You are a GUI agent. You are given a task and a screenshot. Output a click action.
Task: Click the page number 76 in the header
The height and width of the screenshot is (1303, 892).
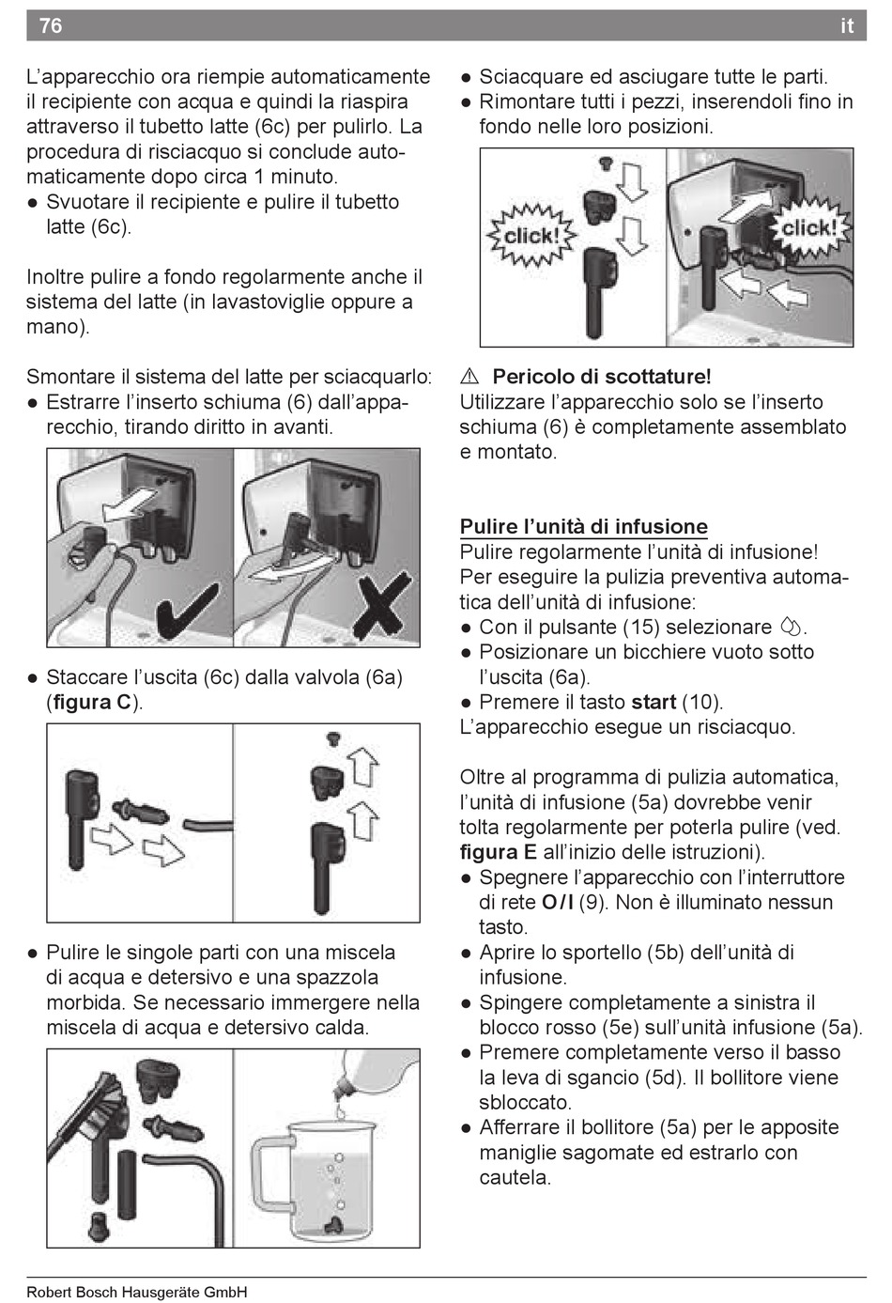click(x=51, y=25)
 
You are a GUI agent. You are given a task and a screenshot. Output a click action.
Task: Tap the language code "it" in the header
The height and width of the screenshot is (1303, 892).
click(x=847, y=25)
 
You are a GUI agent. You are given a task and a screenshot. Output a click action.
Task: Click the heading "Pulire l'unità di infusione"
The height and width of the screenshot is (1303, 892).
click(x=584, y=526)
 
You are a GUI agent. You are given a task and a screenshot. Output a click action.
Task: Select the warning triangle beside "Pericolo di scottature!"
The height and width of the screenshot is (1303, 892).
click(x=469, y=377)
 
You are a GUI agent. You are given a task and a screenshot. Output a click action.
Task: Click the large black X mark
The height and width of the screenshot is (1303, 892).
click(x=378, y=604)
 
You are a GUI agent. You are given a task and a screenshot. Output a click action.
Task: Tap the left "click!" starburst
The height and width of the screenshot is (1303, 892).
click(x=531, y=236)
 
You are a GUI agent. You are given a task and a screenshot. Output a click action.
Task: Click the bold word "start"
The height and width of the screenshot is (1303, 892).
click(x=654, y=702)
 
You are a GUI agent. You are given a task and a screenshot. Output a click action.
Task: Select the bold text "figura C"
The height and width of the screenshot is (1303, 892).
click(x=92, y=703)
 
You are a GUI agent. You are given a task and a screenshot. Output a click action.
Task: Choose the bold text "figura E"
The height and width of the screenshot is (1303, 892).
click(x=499, y=852)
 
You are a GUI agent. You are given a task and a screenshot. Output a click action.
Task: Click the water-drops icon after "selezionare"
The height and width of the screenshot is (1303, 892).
click(x=791, y=627)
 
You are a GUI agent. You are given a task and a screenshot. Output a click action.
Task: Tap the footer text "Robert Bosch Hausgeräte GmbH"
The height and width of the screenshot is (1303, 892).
click(x=137, y=1292)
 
